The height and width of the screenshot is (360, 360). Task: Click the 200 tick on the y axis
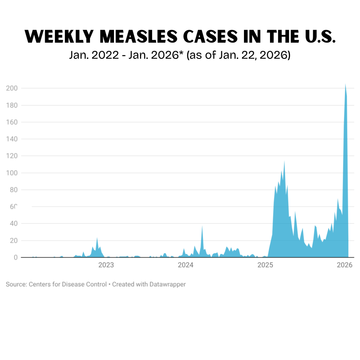(12, 88)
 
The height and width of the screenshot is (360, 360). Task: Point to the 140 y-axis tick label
(12, 139)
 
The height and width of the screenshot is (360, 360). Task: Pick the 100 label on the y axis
(12, 173)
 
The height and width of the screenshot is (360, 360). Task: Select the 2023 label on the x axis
(106, 265)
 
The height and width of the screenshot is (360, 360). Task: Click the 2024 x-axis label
(186, 265)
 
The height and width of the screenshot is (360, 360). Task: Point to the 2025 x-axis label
(266, 265)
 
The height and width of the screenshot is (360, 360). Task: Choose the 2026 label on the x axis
(345, 265)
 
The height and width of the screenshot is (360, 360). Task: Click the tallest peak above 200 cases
(345, 84)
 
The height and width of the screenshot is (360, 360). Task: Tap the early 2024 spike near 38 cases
(202, 227)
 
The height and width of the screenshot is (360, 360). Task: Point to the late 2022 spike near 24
(97, 238)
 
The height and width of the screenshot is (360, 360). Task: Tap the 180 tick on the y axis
(12, 105)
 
